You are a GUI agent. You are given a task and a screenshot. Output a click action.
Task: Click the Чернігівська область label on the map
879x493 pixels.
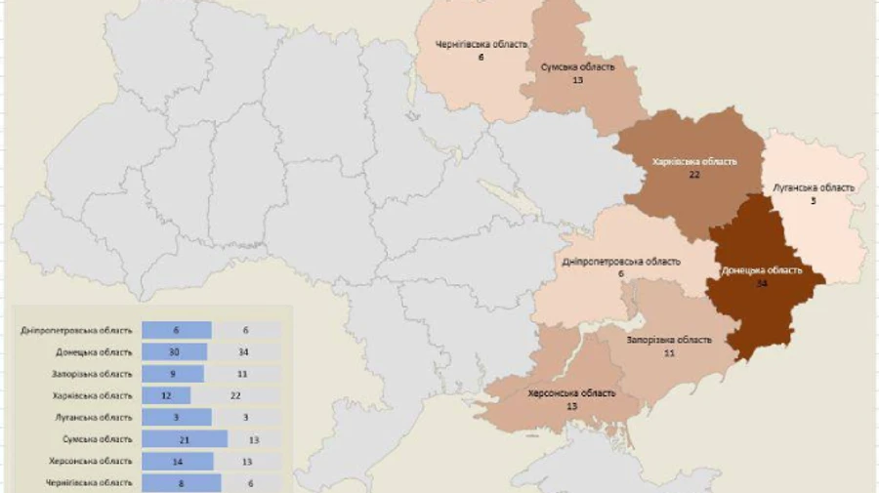click(x=481, y=44)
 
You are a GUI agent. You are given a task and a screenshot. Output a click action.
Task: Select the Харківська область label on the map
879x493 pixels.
click(x=694, y=161)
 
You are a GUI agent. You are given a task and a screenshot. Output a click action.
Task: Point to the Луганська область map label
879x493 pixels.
click(x=813, y=187)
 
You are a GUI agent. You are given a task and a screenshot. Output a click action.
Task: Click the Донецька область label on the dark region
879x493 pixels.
click(x=762, y=270)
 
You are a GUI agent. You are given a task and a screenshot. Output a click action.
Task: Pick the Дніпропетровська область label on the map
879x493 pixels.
click(x=621, y=262)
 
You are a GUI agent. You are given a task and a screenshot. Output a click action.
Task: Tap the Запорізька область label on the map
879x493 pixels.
click(x=669, y=340)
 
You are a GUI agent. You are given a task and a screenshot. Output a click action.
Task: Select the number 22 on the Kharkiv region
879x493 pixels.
click(x=694, y=175)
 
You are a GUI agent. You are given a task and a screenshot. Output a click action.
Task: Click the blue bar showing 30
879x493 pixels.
click(x=175, y=351)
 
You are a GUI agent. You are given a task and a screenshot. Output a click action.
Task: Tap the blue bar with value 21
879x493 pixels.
click(x=185, y=439)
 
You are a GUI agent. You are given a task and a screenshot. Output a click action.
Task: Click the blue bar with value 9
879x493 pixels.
click(x=173, y=373)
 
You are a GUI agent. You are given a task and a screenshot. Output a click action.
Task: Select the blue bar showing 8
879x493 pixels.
click(x=182, y=482)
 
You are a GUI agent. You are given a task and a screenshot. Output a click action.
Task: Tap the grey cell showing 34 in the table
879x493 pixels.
click(x=248, y=351)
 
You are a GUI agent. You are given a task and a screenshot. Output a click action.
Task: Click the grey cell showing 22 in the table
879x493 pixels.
click(x=248, y=395)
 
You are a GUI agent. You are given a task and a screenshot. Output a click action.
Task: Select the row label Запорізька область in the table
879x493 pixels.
click(x=92, y=374)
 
